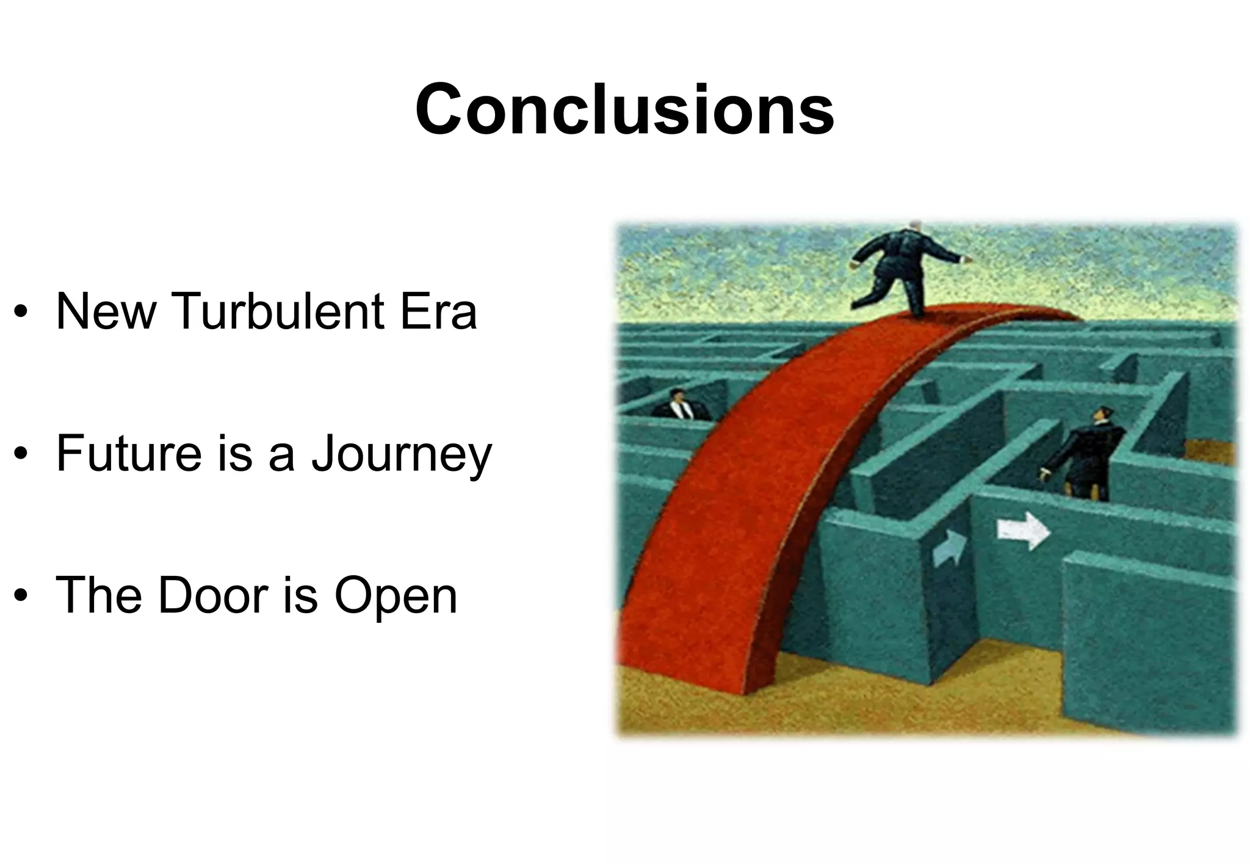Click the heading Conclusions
point(624,111)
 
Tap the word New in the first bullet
point(106,311)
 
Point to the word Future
point(128,454)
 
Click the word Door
point(213,595)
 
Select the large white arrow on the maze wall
point(1023,531)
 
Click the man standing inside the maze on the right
point(1086,455)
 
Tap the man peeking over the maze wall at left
point(679,405)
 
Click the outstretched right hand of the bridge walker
point(966,260)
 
